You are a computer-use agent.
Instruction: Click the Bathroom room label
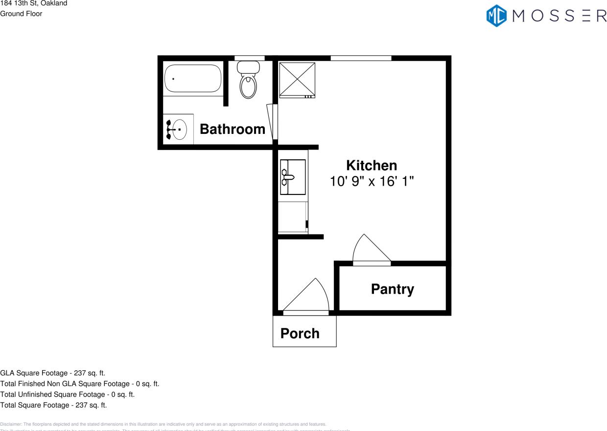point(233,129)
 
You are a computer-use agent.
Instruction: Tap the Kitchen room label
point(372,165)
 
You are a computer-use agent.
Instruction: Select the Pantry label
point(392,289)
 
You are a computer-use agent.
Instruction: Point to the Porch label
point(300,333)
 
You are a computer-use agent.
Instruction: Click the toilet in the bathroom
point(248,81)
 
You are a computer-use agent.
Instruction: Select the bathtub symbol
point(193,78)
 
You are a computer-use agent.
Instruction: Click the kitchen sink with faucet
point(292,177)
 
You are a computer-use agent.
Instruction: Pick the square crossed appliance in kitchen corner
point(297,80)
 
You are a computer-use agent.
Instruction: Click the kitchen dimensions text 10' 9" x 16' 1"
point(372,181)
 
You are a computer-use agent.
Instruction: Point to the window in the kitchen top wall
point(361,58)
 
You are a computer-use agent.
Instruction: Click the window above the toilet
point(250,58)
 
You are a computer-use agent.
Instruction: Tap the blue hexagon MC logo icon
point(496,15)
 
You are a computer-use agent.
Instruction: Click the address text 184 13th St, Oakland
point(34,3)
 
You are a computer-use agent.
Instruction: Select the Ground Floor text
point(21,14)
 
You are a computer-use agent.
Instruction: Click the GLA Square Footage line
point(52,373)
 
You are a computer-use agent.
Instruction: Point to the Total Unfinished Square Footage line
point(67,394)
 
